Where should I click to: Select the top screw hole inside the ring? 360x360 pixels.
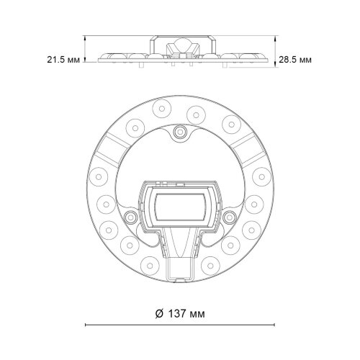click(180, 131)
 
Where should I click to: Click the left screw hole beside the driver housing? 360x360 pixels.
click(130, 217)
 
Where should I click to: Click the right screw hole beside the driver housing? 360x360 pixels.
click(230, 217)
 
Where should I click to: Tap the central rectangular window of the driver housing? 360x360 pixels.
click(180, 207)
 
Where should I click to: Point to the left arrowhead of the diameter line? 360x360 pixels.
click(88, 326)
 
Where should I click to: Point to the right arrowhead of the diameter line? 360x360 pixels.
click(272, 326)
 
